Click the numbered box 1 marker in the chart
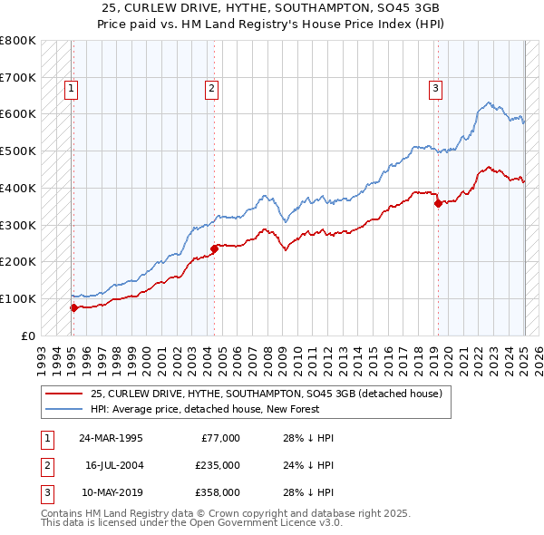coord(71,89)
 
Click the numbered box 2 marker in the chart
coord(211,89)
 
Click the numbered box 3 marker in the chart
coord(436,89)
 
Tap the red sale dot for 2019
coord(438,203)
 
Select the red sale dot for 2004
coord(214,248)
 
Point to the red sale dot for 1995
coord(73,307)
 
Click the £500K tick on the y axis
coord(18,151)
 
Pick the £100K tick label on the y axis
coord(18,298)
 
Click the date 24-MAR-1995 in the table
coord(111,438)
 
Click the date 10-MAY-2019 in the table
coord(111,492)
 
